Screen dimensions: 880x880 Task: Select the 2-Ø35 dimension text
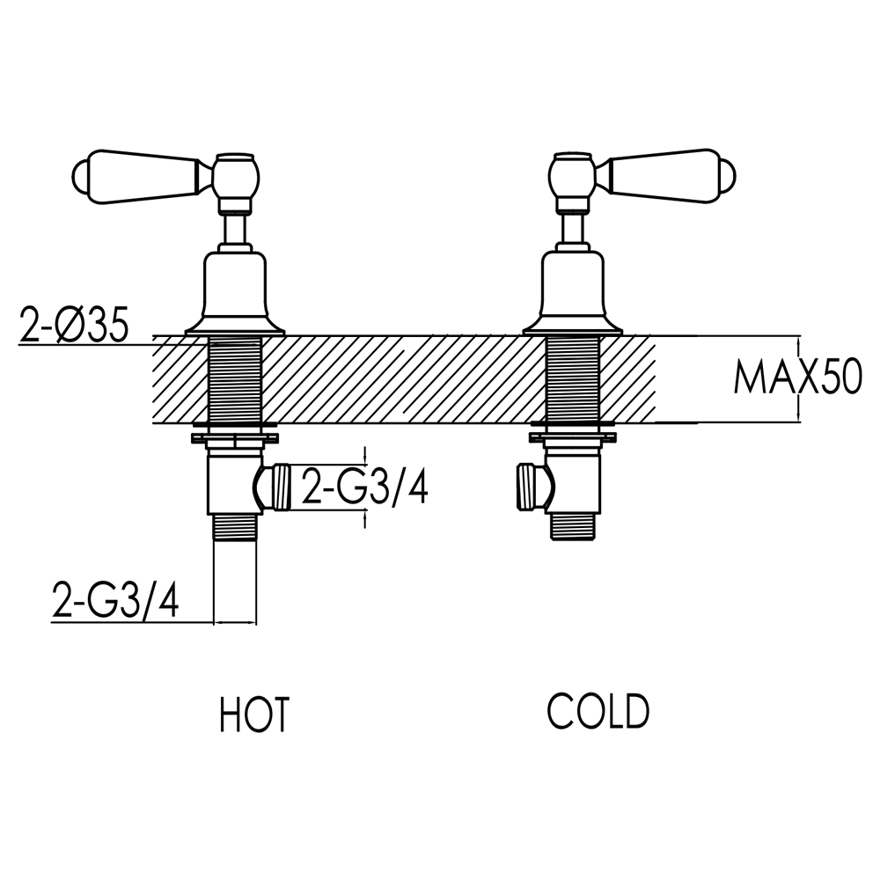point(74,326)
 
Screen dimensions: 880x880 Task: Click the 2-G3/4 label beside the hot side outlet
point(364,487)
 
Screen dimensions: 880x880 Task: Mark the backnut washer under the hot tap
point(234,435)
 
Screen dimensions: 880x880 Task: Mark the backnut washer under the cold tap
point(572,435)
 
